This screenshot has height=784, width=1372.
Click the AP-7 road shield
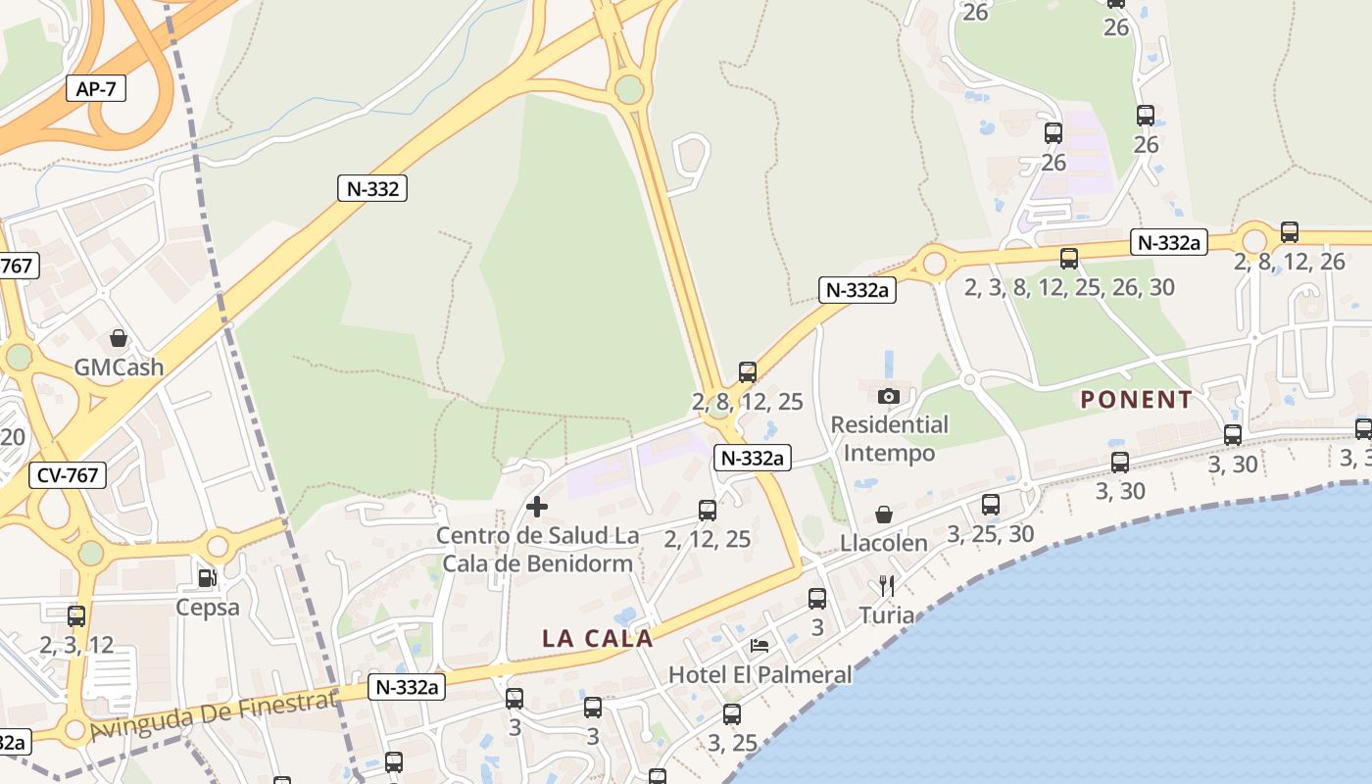click(96, 89)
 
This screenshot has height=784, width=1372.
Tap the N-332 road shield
click(372, 188)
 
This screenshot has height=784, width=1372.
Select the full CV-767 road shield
click(68, 475)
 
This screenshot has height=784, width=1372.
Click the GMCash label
click(119, 367)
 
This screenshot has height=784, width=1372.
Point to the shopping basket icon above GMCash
click(119, 339)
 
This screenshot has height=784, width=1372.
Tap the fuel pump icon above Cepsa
click(207, 578)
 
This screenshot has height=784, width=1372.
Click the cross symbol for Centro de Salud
click(537, 507)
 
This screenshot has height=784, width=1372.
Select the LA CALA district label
click(597, 638)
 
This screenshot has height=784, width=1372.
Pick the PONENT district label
click(1136, 400)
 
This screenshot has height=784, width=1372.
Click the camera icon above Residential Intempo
click(889, 396)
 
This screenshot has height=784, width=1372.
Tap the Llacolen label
click(884, 543)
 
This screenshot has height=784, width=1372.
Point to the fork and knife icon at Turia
click(887, 586)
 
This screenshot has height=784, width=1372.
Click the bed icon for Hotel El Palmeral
click(759, 646)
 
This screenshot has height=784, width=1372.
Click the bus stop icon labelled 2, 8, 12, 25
click(748, 372)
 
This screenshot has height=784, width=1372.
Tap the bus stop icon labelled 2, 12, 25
click(708, 510)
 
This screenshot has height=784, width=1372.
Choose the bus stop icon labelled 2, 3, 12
click(76, 616)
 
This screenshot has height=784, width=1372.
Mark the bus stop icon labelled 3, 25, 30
click(991, 505)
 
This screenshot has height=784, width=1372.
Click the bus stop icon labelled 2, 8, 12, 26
click(1290, 232)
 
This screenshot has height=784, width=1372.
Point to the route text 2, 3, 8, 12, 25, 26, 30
click(1069, 287)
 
